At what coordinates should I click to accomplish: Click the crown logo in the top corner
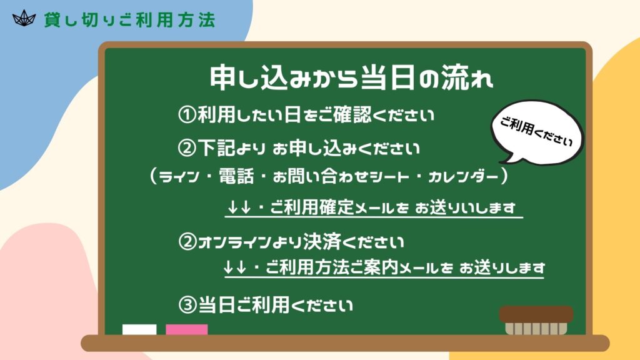[x=24, y=18]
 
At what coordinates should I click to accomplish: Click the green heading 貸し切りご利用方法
[x=130, y=20]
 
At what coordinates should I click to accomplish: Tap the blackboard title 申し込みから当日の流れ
[x=351, y=77]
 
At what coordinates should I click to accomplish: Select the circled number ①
[x=187, y=115]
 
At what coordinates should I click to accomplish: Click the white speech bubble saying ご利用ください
[x=536, y=131]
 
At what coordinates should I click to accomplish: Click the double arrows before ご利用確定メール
[x=239, y=207]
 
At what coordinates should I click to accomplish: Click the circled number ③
[x=187, y=305]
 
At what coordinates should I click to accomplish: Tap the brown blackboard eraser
[x=536, y=320]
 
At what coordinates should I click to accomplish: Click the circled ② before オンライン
[x=187, y=242]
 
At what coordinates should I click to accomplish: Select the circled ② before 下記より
[x=187, y=147]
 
